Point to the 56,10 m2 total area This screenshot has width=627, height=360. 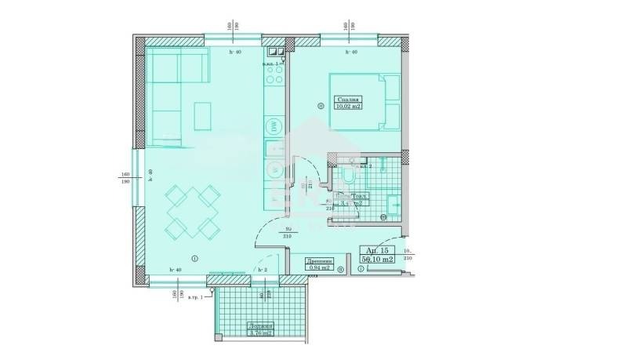click(x=376, y=258)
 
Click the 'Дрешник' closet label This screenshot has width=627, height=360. click(x=320, y=263)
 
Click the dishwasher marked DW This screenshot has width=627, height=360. click(x=275, y=125)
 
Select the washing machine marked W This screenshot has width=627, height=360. click(x=275, y=169)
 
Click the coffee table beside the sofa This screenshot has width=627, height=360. click(x=202, y=117)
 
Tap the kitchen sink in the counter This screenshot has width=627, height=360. click(x=275, y=147)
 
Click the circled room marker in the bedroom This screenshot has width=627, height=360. click(x=320, y=105)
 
